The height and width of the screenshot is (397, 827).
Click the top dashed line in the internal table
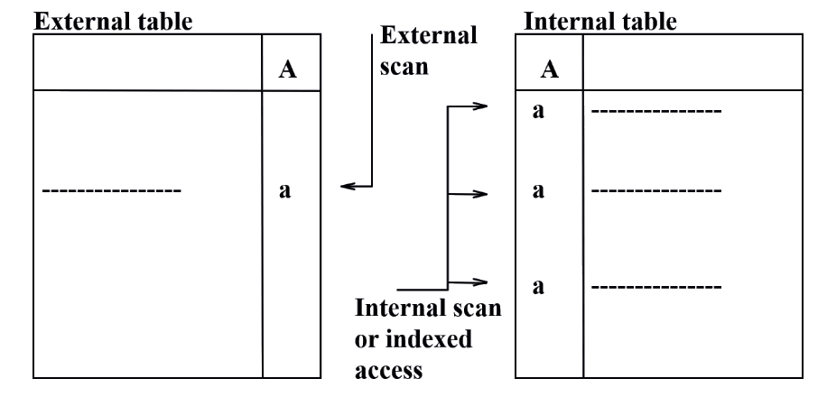point(655,113)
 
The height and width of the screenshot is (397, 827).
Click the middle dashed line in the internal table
point(655,192)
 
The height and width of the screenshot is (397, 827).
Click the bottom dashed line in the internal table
point(655,287)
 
